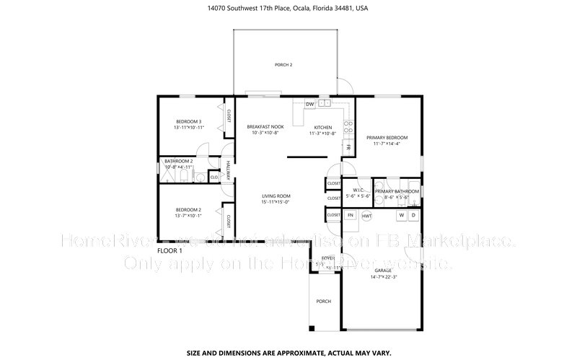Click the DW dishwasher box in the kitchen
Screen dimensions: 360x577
(309, 104)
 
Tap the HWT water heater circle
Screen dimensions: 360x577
(367, 215)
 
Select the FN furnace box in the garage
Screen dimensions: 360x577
(351, 215)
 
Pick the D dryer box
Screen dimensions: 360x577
(413, 215)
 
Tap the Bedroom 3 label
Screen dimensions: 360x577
(188, 121)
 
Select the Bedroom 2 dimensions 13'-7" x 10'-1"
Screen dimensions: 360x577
(188, 214)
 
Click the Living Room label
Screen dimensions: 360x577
(276, 196)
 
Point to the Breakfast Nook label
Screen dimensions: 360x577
(265, 126)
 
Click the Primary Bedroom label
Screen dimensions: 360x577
(387, 137)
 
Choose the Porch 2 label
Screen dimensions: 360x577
(283, 65)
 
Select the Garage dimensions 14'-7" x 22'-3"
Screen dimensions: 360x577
(384, 277)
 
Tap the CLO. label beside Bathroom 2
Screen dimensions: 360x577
(214, 177)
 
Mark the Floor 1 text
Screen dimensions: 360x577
(170, 250)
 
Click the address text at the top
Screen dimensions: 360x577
(288, 9)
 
